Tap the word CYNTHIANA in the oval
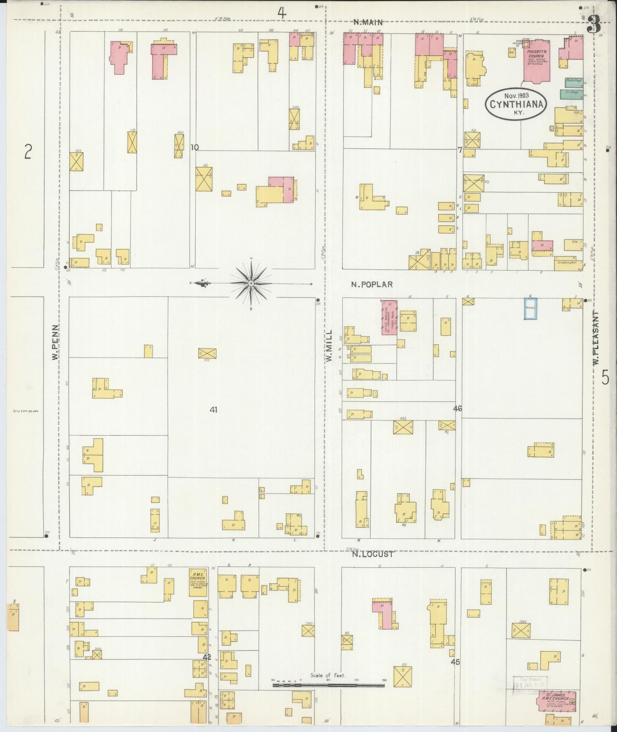516,104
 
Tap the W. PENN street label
55,342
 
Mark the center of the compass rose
251,284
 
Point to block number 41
213,410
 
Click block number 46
458,409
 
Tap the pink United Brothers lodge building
389,317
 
